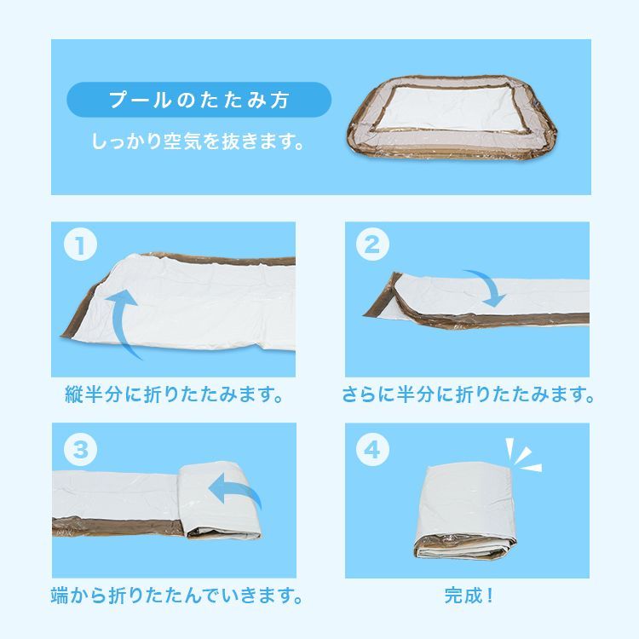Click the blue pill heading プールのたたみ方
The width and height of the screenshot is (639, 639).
tap(198, 99)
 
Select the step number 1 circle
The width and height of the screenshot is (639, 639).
tap(79, 247)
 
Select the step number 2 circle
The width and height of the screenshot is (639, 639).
tap(371, 247)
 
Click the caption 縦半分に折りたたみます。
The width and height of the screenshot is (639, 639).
tap(174, 396)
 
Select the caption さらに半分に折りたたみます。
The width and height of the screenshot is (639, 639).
tap(467, 396)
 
